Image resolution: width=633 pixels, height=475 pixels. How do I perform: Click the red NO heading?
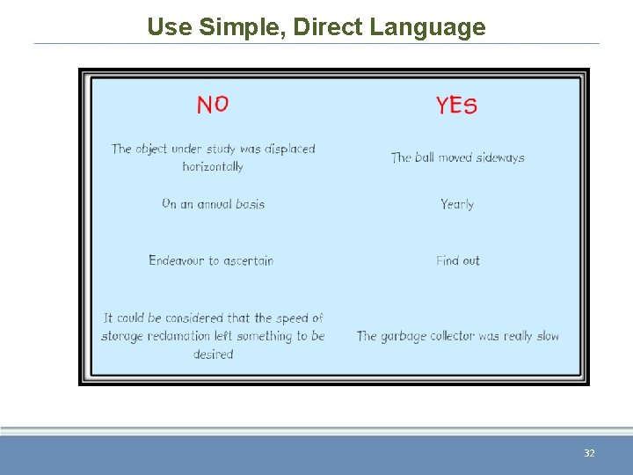tap(213, 105)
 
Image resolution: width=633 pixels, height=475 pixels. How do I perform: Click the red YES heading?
tap(456, 106)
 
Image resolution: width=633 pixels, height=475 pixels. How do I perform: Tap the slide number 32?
tap(589, 453)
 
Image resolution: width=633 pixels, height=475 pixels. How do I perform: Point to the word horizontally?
tap(213, 166)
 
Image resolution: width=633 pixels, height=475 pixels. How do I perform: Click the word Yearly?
tap(457, 204)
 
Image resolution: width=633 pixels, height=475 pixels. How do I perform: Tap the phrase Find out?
tap(458, 260)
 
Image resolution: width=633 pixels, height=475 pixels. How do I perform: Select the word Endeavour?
tap(176, 260)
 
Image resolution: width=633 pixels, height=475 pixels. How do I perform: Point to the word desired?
tap(213, 354)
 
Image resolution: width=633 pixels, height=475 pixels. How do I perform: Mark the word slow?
tap(547, 336)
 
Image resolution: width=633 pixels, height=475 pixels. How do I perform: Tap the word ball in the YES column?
tap(425, 158)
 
